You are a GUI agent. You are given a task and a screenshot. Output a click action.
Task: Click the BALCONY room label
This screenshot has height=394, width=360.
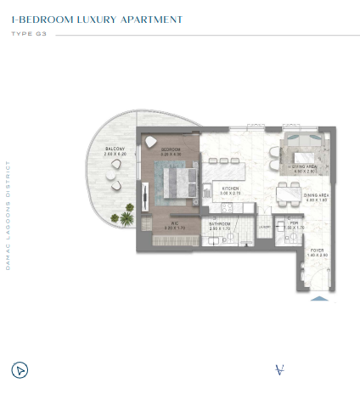tap(115, 149)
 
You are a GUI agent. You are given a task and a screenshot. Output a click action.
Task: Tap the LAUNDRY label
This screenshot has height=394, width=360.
tap(264, 227)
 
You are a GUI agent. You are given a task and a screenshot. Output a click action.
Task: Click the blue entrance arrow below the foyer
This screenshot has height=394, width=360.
tap(318, 298)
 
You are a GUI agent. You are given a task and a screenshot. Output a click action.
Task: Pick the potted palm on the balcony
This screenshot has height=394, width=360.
tap(127, 218)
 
